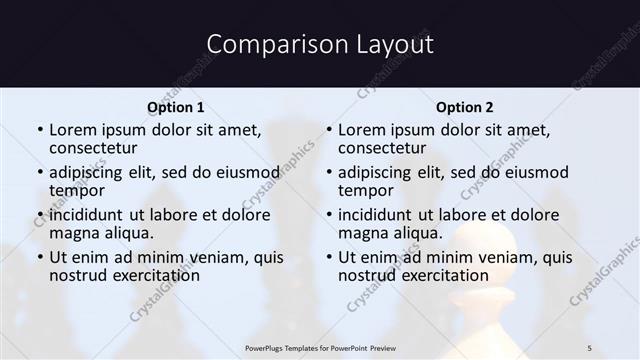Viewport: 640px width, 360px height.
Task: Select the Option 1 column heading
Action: pos(176,107)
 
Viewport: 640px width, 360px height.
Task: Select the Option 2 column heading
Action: pos(465,107)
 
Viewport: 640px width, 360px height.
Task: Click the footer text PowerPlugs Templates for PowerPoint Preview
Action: pos(319,347)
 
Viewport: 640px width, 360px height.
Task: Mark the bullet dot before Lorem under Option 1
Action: pos(39,131)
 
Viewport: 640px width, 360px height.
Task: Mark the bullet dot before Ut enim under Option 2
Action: pos(328,258)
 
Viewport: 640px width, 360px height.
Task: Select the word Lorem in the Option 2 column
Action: pos(361,130)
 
